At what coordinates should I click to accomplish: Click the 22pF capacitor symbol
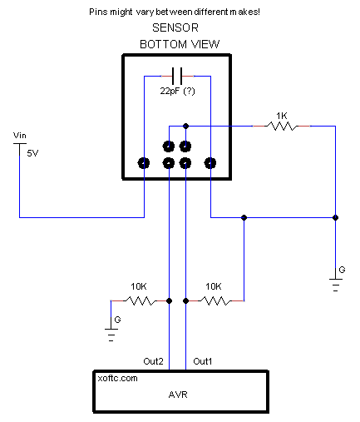click(177, 76)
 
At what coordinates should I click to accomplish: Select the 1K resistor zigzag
click(281, 127)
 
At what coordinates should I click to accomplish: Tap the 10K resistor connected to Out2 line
click(141, 300)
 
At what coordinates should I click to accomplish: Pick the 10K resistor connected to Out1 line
click(215, 300)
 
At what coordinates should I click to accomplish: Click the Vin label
click(20, 136)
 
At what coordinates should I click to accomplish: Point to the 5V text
click(32, 153)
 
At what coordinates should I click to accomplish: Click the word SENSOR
click(175, 27)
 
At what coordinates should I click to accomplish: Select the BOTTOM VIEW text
click(180, 44)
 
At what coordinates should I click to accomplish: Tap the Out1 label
click(203, 361)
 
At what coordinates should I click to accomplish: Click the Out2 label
click(153, 361)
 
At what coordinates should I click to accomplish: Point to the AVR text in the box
click(178, 395)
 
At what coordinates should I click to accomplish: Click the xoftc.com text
click(117, 378)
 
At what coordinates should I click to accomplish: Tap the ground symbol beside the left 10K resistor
click(111, 335)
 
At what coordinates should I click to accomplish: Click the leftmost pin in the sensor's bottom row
click(144, 163)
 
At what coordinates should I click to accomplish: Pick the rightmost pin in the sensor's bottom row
click(210, 163)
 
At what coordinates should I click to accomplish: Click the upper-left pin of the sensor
click(169, 146)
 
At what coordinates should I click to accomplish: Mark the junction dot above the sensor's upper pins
click(186, 127)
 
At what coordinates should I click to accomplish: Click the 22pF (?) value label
click(178, 91)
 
